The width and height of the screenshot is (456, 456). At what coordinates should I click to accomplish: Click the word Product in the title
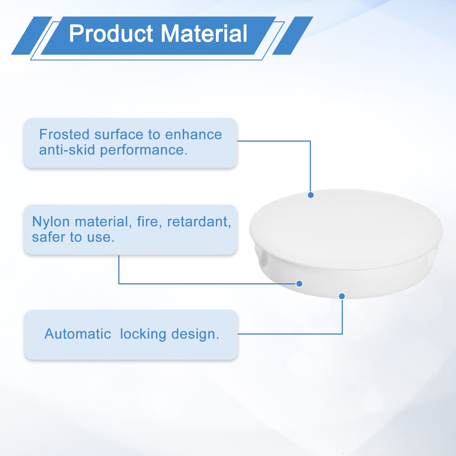tap(111, 33)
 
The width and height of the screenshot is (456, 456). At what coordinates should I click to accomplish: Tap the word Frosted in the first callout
tap(64, 134)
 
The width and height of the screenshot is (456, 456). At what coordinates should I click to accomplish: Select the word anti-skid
tap(67, 150)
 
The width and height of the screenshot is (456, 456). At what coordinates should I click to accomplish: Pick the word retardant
tap(199, 222)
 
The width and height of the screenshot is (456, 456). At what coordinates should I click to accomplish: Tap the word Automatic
tap(78, 334)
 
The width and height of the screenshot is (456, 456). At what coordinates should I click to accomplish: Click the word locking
tap(143, 334)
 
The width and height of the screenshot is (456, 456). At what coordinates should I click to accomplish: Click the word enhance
tap(194, 134)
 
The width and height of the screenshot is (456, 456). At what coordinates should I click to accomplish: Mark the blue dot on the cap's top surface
tap(311, 195)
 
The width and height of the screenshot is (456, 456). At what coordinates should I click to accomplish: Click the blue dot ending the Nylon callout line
tap(299, 284)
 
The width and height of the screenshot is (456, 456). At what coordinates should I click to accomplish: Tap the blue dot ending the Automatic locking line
tap(342, 296)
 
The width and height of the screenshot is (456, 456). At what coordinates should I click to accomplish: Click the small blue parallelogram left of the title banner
tap(32, 36)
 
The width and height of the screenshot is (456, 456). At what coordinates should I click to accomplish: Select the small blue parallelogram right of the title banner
tap(293, 36)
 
